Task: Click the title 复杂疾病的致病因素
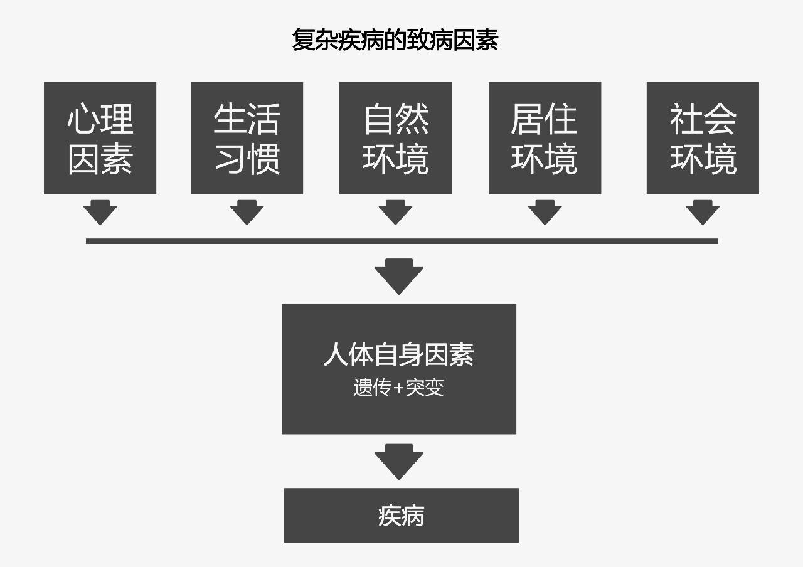[x=395, y=40]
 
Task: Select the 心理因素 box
[x=100, y=138]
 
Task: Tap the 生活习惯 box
[x=247, y=138]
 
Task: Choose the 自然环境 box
[x=395, y=138]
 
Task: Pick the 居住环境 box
[x=545, y=138]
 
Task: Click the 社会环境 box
[x=703, y=138]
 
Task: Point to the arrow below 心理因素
[x=100, y=213]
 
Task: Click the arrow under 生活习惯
[x=247, y=213]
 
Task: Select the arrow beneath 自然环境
[x=395, y=213]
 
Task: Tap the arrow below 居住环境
[x=545, y=213]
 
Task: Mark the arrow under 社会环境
[x=703, y=213]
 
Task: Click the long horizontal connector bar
[x=401, y=241]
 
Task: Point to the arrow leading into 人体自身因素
[x=399, y=277]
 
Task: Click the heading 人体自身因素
[x=398, y=354]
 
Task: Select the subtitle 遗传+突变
[x=398, y=388]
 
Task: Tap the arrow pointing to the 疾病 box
[x=399, y=462]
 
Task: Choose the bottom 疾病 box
[x=401, y=516]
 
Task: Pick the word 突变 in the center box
[x=425, y=388]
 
